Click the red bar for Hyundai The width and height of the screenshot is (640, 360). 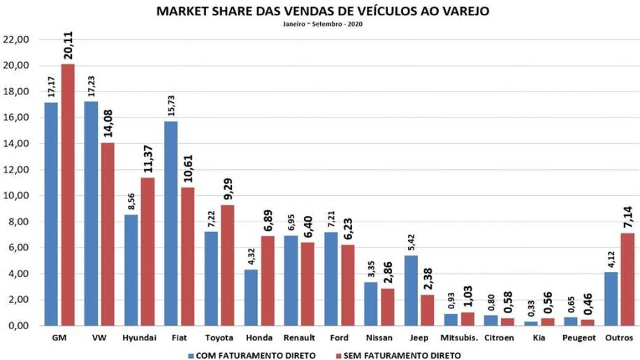click(148, 252)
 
